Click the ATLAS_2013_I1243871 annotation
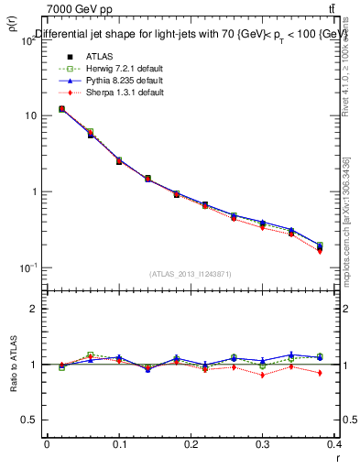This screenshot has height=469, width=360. pyautogui.click(x=191, y=274)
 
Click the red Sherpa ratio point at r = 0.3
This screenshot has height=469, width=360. pyautogui.click(x=262, y=375)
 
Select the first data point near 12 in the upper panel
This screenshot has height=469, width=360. pyautogui.click(x=61, y=109)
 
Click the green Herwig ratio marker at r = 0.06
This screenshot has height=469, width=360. pyautogui.click(x=90, y=354)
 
